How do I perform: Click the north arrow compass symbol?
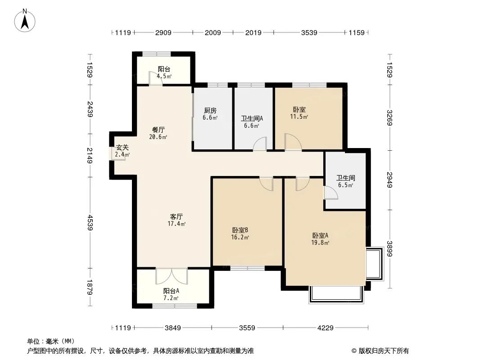[25, 20]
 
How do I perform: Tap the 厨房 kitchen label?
[210, 110]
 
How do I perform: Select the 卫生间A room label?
[252, 118]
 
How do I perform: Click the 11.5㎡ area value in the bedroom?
[299, 117]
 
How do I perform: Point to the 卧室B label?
[240, 230]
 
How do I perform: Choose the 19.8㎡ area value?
[320, 243]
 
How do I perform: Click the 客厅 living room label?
[177, 216]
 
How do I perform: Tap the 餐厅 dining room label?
[158, 130]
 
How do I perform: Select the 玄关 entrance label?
[122, 148]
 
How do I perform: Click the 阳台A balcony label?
[171, 291]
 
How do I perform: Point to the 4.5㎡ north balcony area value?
[164, 76]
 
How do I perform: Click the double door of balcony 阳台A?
[172, 276]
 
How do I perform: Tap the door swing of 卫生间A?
[260, 144]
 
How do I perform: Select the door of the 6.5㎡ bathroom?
[331, 193]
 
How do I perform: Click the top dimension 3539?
[309, 32]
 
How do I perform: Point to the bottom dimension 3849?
[173, 328]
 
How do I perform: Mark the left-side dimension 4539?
[90, 222]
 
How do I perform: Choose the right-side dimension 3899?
[389, 249]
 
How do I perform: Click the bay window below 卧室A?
[336, 294]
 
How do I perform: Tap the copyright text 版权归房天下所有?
[384, 351]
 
